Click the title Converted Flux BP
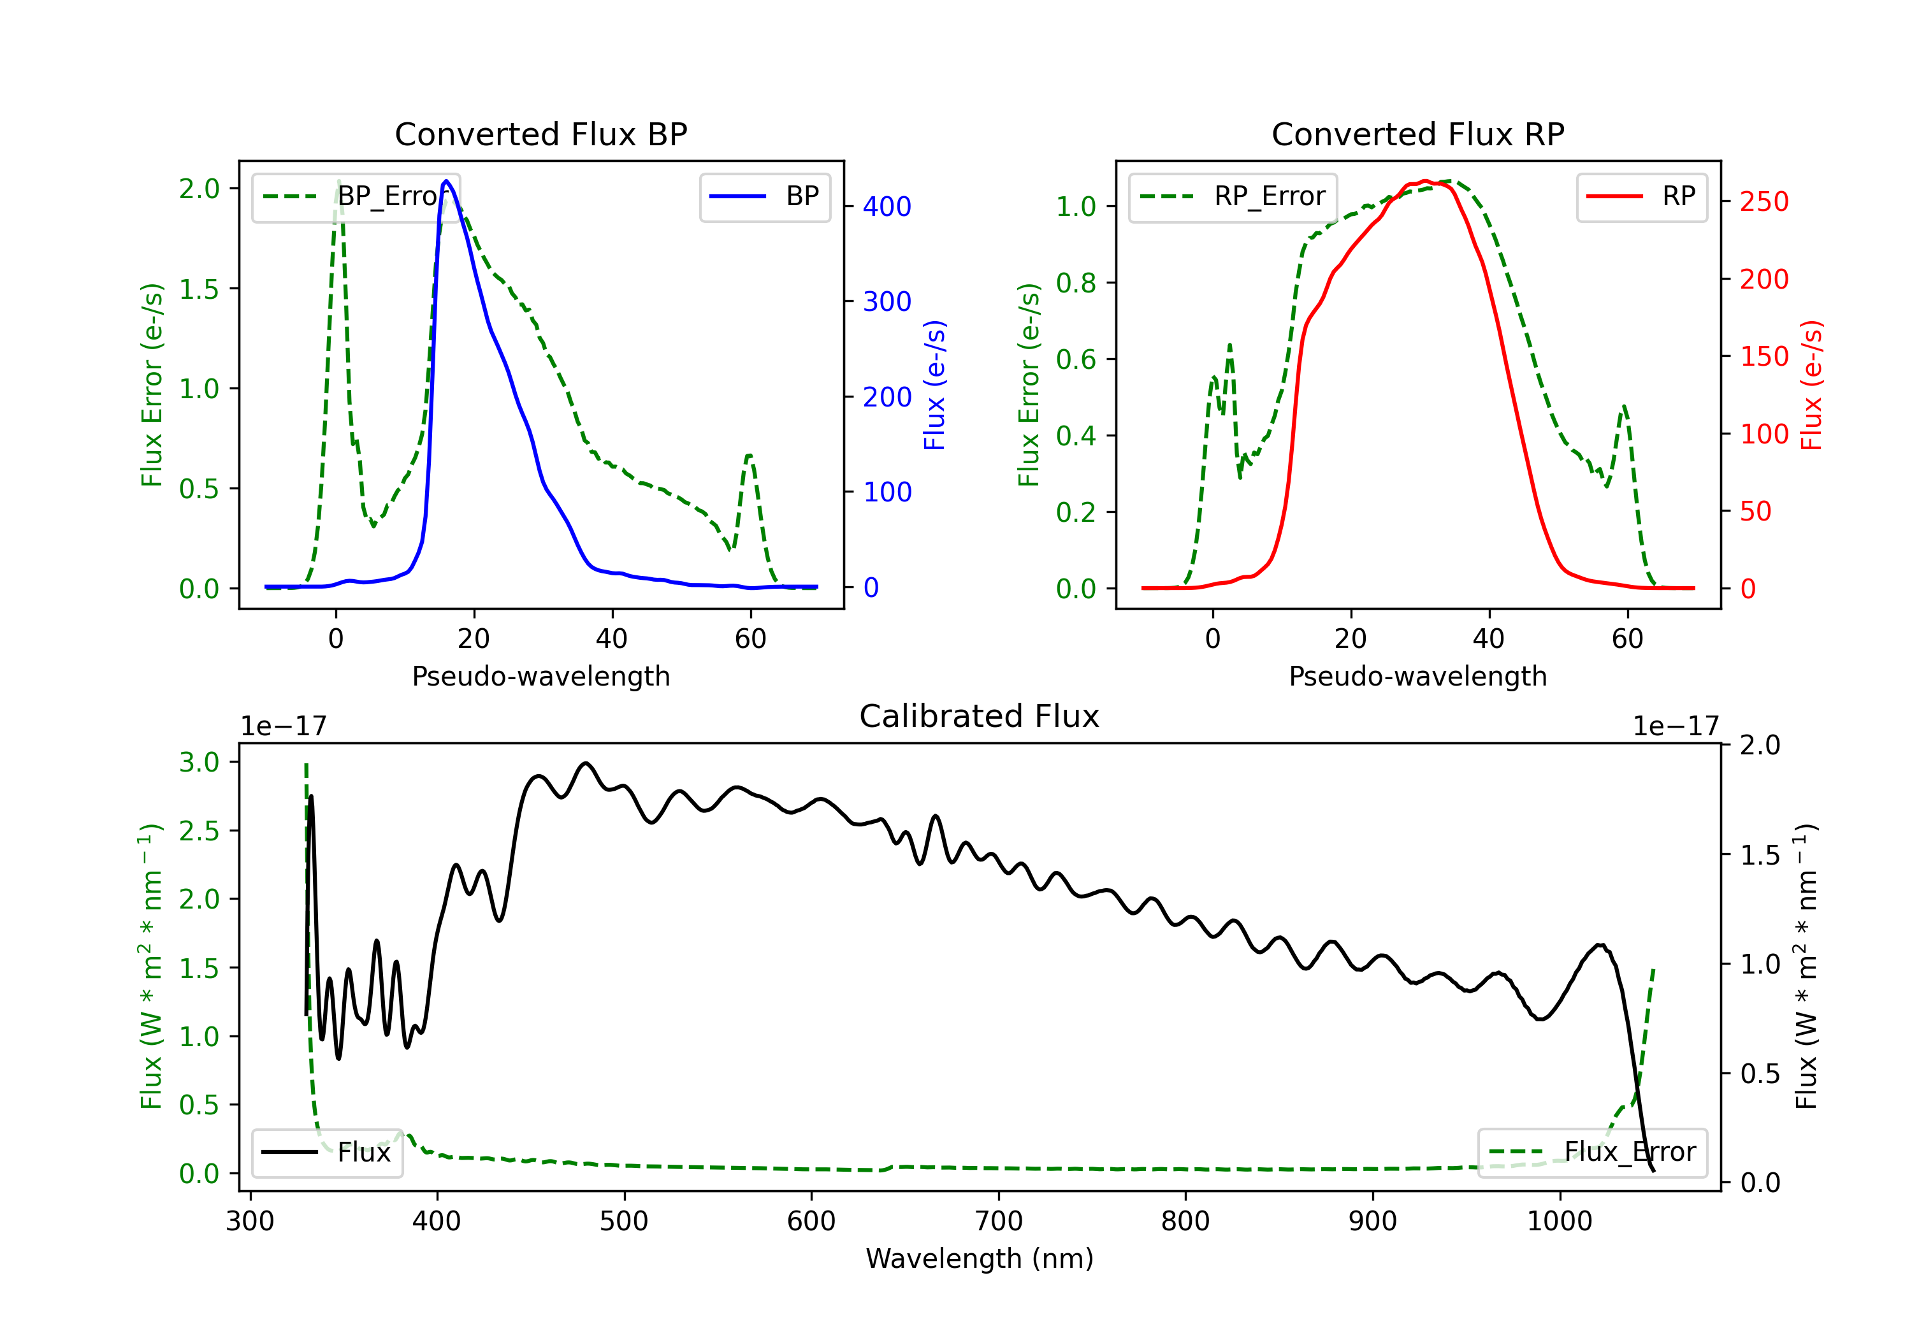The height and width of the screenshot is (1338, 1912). point(540,134)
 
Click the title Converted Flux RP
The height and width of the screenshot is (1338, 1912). point(1417,134)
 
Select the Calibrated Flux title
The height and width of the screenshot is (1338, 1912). point(980,716)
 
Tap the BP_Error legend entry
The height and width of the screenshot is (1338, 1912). point(356,196)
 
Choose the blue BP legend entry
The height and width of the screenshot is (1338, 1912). point(764,196)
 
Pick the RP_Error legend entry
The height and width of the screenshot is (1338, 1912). point(1233,196)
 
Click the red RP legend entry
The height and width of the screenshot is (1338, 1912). point(1641,196)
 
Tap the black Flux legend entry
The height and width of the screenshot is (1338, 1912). point(326,1153)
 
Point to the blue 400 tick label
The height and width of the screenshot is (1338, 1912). point(887,206)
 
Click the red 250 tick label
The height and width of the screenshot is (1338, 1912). point(1764,201)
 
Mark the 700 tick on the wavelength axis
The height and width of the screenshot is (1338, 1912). point(999,1221)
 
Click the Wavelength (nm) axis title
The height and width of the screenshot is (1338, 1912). point(980,1259)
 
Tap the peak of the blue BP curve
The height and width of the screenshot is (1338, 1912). point(446,181)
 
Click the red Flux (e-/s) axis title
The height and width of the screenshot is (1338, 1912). point(1812,385)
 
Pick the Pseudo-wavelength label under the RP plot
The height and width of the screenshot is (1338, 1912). point(1417,676)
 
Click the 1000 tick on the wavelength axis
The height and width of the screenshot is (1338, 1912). point(1560,1221)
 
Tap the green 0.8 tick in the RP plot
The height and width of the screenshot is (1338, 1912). point(1076,283)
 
